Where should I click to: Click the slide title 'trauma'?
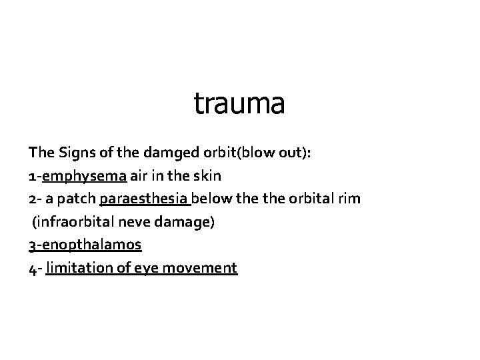pos(239,104)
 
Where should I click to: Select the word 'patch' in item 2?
pos(79,199)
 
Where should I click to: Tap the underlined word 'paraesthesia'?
pos(144,199)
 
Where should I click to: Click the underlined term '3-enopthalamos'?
pos(85,245)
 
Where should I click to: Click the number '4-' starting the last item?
pos(35,268)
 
